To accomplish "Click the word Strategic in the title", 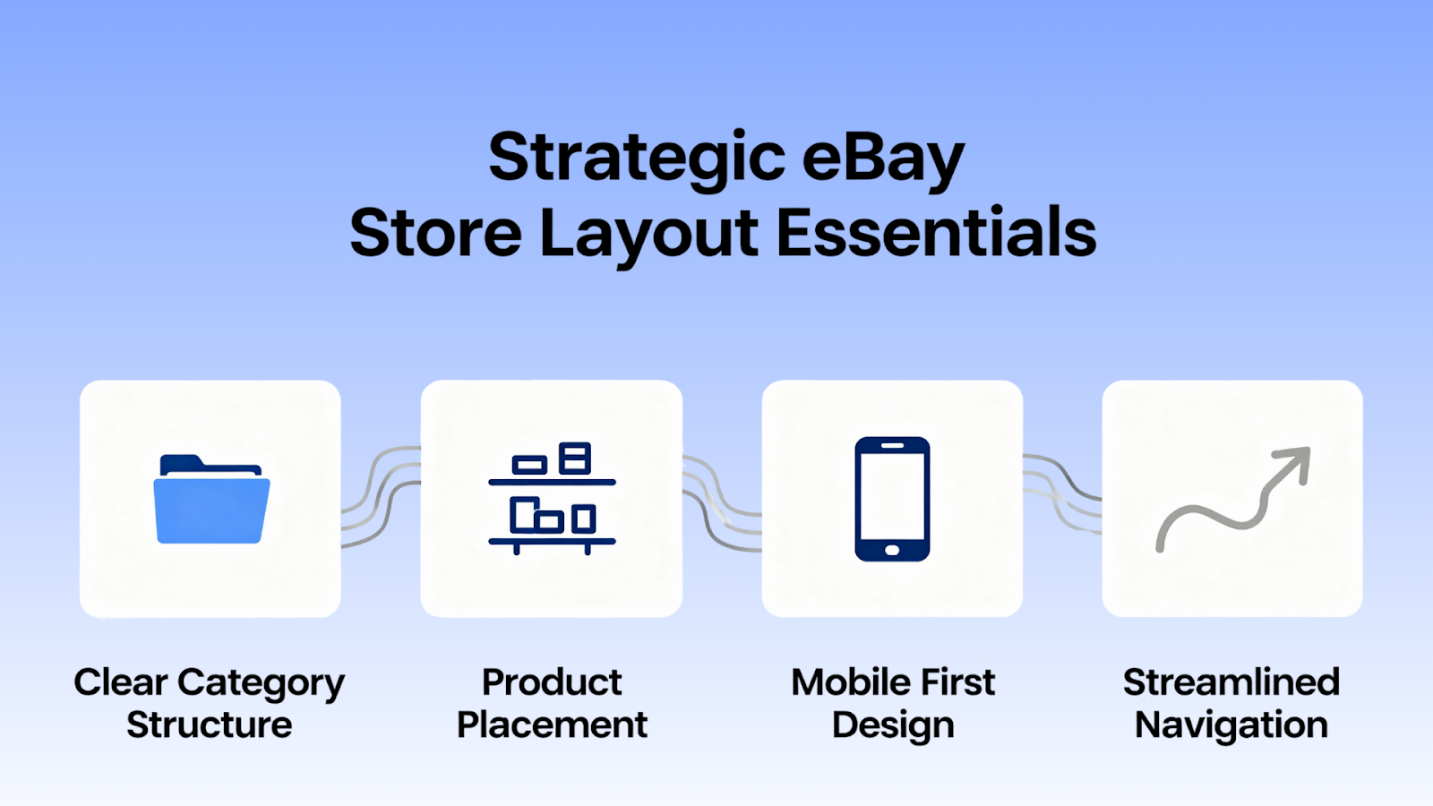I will tap(637, 158).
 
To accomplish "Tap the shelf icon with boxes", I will tap(552, 498).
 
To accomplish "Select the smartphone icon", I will tap(892, 499).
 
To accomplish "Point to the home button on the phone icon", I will tap(892, 549).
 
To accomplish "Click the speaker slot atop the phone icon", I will tap(892, 446).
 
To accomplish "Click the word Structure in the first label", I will tap(210, 725).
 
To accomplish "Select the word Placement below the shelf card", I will tap(552, 725).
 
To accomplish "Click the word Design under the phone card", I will tap(892, 725).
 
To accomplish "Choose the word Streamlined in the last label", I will tap(1231, 682).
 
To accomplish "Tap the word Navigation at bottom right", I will tap(1231, 725).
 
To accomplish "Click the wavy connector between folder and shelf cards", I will tap(381, 497).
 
